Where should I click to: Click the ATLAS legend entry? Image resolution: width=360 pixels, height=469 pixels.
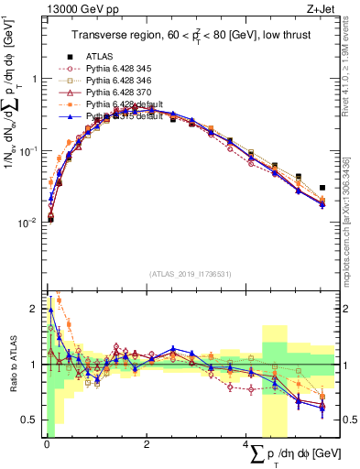pos(100,55)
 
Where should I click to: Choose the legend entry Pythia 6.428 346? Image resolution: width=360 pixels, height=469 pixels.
pos(123,81)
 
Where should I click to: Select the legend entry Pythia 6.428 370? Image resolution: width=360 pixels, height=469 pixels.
pos(123,93)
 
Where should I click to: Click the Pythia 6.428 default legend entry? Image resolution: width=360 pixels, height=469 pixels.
pos(127,104)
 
